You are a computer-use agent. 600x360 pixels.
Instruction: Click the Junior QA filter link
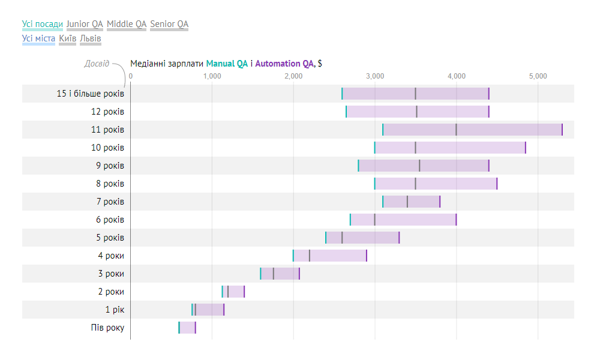pos(85,24)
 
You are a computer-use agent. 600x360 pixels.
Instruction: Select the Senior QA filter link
pos(169,24)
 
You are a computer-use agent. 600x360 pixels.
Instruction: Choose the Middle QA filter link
pos(127,24)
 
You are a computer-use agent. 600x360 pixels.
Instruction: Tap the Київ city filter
pos(68,38)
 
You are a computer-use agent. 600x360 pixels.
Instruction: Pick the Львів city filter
pos(91,38)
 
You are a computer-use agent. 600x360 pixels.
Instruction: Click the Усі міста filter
pos(38,38)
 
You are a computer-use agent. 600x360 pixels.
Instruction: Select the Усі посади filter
pos(42,24)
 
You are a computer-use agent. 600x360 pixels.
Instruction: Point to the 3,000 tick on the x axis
pos(375,76)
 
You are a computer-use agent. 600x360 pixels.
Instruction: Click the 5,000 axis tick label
pos(538,76)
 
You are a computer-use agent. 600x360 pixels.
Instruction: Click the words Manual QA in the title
pos(227,64)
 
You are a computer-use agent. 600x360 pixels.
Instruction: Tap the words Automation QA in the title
pos(284,64)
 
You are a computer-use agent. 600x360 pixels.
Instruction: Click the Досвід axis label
pos(97,64)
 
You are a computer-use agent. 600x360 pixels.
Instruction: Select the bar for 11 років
pos(472,130)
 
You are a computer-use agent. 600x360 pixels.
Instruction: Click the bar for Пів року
pos(187,328)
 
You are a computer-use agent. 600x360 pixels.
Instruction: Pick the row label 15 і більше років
pos(91,94)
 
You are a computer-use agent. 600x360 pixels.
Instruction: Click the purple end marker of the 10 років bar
pos(526,148)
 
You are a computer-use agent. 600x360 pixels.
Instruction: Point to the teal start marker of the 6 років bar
pos(350,220)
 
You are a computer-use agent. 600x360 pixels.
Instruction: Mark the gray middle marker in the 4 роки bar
pos(310,256)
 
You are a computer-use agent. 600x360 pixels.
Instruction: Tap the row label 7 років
pos(110,202)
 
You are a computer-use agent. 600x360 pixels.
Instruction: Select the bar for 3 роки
pos(280,274)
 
